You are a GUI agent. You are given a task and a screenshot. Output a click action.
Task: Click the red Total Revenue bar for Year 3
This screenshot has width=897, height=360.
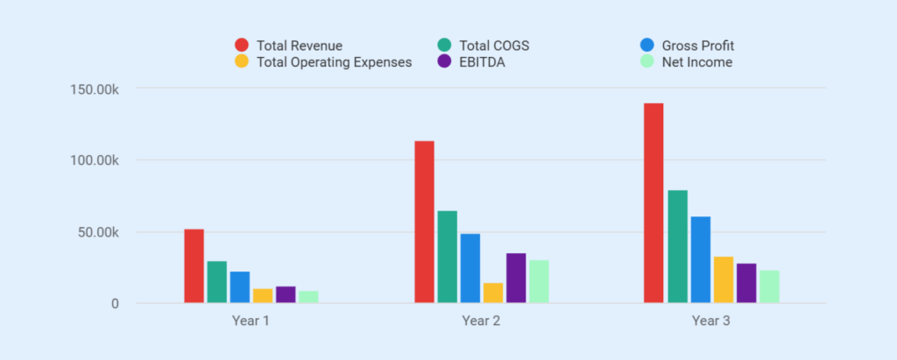[653, 203]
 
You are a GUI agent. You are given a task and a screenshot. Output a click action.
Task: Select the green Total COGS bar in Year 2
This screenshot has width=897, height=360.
[447, 258]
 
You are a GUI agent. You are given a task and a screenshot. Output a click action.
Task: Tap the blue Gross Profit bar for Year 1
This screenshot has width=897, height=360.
[240, 287]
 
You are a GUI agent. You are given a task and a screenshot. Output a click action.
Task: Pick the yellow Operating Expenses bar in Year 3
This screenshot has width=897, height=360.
[724, 279]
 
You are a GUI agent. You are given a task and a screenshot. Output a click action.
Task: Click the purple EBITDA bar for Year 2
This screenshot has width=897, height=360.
[516, 279]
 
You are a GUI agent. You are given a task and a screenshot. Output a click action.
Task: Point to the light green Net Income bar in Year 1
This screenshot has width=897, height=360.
[308, 297]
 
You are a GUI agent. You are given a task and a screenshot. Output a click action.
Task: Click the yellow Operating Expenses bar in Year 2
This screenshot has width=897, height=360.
[493, 293]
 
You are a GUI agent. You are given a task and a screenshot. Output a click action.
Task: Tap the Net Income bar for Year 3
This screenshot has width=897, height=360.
[769, 286]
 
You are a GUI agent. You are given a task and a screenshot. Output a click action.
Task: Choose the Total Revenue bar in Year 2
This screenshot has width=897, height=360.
[424, 222]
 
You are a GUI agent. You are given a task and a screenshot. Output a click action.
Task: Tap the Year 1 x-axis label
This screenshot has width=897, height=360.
[251, 321]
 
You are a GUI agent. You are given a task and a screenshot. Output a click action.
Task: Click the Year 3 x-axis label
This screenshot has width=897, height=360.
[710, 321]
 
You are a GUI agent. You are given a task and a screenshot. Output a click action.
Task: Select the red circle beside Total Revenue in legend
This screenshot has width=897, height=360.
[241, 46]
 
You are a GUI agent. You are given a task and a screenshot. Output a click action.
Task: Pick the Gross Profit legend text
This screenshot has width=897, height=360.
[697, 46]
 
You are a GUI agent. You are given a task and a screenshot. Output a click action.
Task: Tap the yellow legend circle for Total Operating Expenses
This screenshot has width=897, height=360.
[241, 62]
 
